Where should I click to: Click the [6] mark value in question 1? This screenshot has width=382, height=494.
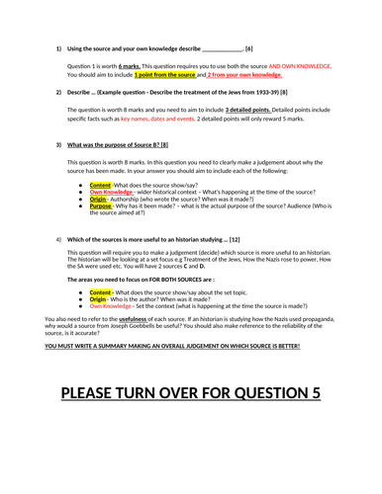(249, 48)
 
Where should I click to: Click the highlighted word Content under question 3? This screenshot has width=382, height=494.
(100, 185)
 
